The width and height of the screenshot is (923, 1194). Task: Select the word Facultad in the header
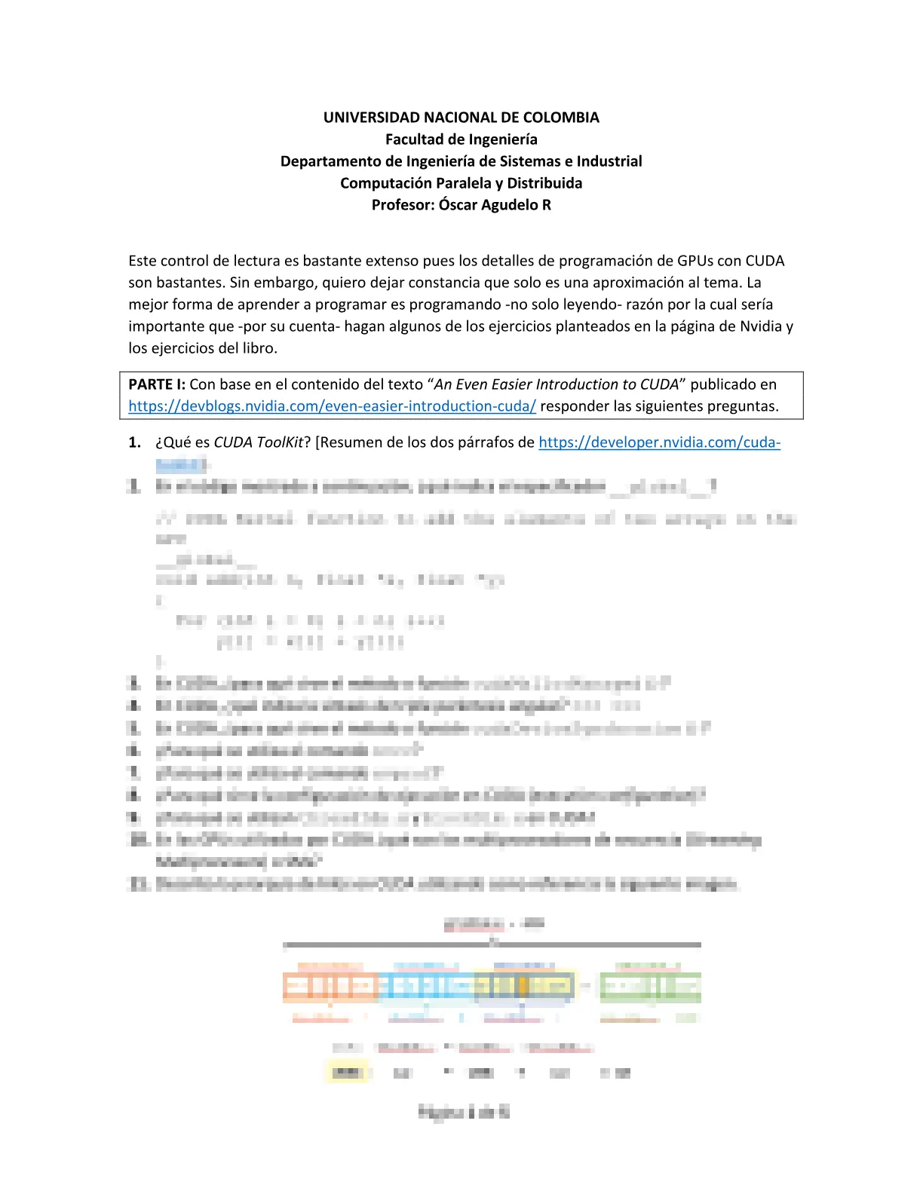coord(413,139)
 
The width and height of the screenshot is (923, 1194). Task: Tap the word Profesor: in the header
coord(403,205)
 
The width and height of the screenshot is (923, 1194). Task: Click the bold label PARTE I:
coord(157,384)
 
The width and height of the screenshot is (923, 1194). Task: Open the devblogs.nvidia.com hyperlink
coord(332,406)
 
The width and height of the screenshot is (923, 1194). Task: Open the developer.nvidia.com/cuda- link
coord(659,442)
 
